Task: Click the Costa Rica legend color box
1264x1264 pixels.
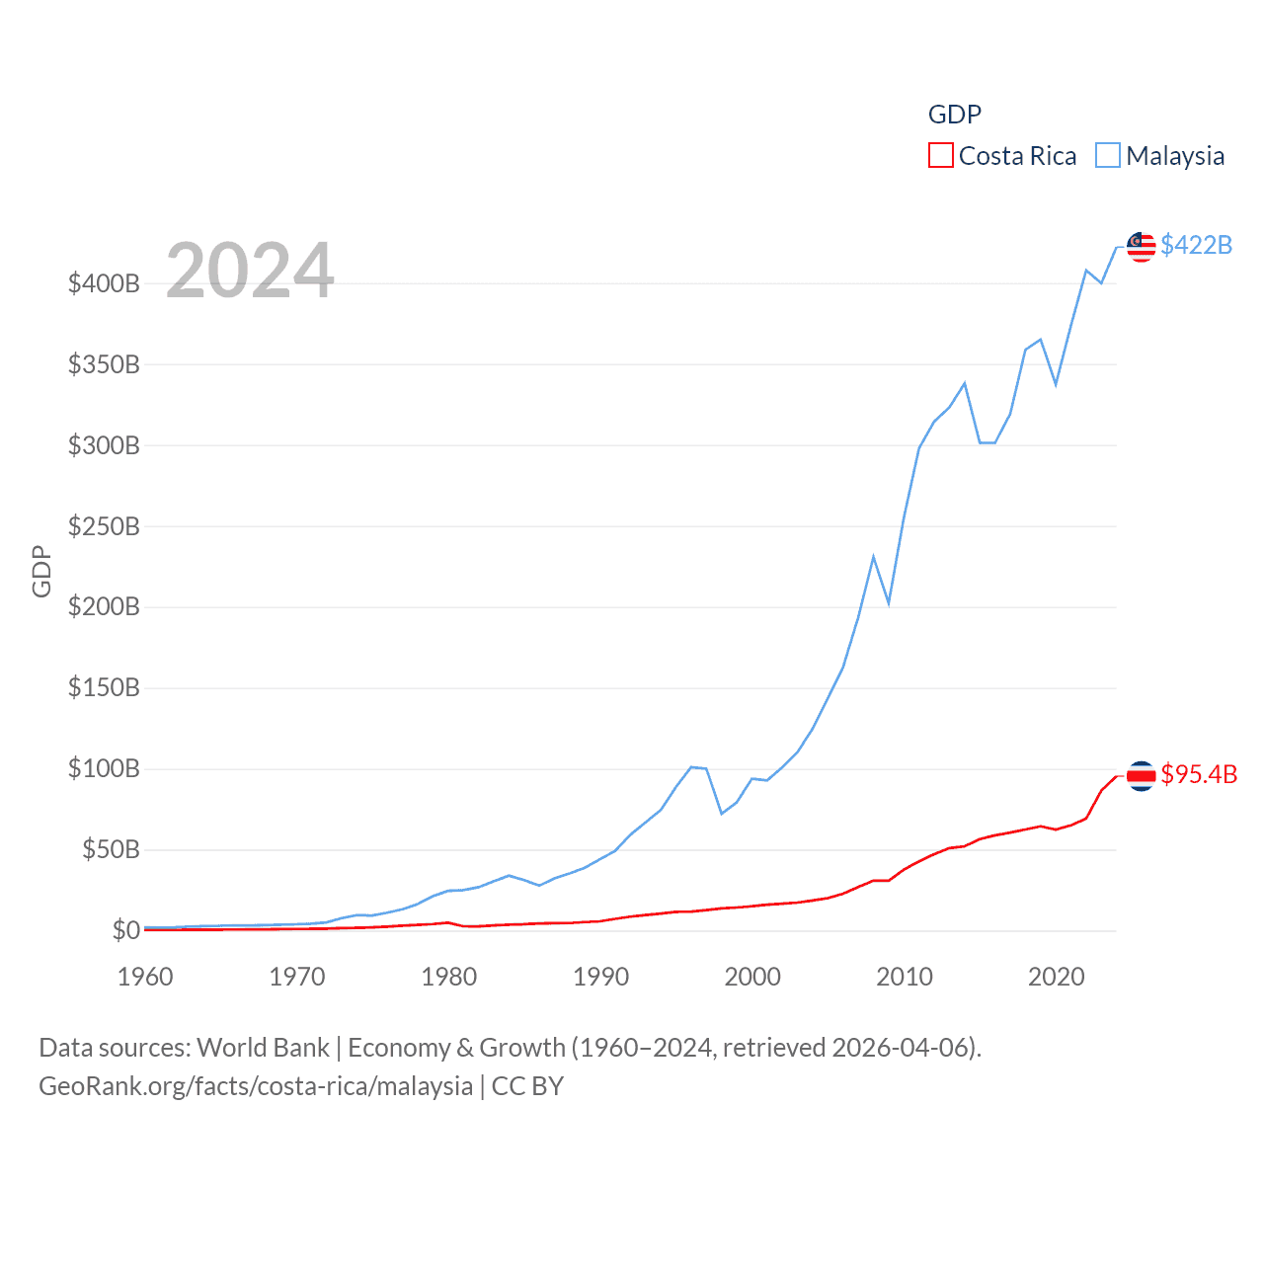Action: (x=940, y=156)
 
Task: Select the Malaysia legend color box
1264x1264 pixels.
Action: (x=1108, y=156)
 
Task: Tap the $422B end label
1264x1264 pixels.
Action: (x=1196, y=245)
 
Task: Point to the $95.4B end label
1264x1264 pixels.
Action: (x=1199, y=774)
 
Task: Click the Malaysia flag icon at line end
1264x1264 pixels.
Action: (x=1142, y=247)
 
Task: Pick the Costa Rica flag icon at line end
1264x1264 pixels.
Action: (x=1142, y=776)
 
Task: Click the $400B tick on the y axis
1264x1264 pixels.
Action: (x=104, y=284)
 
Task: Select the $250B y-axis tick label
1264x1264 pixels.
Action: (x=104, y=526)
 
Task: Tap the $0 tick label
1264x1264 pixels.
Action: (x=125, y=930)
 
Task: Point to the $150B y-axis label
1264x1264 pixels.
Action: (x=104, y=688)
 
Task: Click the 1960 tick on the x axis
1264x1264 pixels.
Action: (x=145, y=978)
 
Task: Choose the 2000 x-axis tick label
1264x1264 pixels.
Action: (x=752, y=978)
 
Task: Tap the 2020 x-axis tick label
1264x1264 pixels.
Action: (x=1057, y=978)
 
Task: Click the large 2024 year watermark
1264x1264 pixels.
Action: (x=250, y=271)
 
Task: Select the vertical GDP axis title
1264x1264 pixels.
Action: (x=41, y=571)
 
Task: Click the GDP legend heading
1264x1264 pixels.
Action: (x=954, y=115)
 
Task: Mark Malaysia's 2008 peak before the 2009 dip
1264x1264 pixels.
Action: (x=873, y=557)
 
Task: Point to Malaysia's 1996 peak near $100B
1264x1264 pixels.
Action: (x=692, y=766)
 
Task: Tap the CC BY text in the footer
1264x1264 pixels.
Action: (x=527, y=1086)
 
